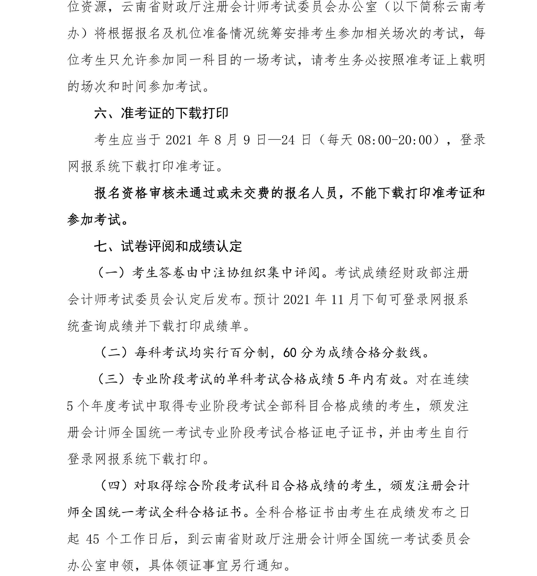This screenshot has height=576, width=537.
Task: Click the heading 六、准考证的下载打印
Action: pos(161,113)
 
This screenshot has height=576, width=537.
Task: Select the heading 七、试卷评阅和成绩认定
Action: pos(168,246)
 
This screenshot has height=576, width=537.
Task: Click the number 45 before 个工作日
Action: pos(93,539)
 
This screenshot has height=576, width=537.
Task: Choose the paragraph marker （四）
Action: pos(113,486)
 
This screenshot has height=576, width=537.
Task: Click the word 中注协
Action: pos(214,273)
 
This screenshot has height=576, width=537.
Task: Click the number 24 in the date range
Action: pos(288,140)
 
